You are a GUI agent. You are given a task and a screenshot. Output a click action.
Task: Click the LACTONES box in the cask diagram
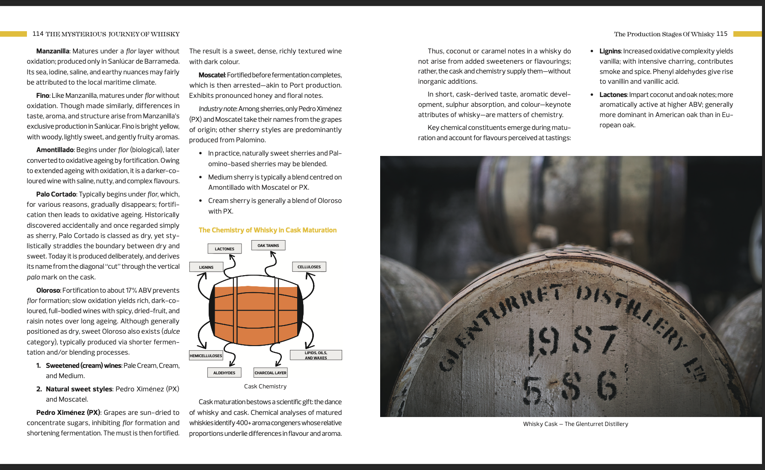pyautogui.click(x=224, y=249)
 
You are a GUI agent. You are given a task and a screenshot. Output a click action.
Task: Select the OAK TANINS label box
pyautogui.click(x=268, y=245)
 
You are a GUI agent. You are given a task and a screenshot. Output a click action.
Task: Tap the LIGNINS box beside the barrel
pyautogui.click(x=206, y=267)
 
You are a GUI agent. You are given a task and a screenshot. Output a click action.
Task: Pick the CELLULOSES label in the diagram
pyautogui.click(x=309, y=267)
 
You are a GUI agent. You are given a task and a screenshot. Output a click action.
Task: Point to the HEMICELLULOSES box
pyautogui.click(x=206, y=355)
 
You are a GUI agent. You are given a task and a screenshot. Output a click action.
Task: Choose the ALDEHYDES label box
pyautogui.click(x=224, y=373)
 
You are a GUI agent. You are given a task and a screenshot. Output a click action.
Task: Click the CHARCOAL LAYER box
pyautogui.click(x=271, y=373)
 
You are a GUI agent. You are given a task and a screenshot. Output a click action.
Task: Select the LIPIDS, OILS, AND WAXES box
pyautogui.click(x=316, y=355)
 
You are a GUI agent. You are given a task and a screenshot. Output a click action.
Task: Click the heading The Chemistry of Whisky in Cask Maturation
pyautogui.click(x=268, y=230)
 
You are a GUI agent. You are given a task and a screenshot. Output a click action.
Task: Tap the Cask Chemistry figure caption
pyautogui.click(x=265, y=386)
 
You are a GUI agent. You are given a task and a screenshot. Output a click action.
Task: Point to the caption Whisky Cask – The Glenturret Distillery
pyautogui.click(x=576, y=424)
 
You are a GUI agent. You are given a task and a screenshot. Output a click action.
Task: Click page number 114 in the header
pyautogui.click(x=38, y=34)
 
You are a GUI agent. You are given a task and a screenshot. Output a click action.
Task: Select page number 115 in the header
pyautogui.click(x=722, y=34)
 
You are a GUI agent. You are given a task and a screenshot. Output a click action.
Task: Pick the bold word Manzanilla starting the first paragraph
pyautogui.click(x=53, y=51)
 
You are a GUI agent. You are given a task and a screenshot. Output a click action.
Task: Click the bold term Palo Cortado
pyautogui.click(x=56, y=194)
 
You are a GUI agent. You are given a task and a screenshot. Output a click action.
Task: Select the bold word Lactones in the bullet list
pyautogui.click(x=613, y=94)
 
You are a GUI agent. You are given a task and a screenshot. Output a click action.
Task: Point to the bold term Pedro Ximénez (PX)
pyautogui.click(x=68, y=412)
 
